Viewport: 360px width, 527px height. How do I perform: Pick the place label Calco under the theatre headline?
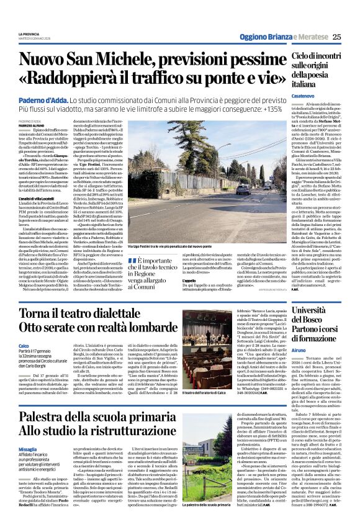point(24,345)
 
